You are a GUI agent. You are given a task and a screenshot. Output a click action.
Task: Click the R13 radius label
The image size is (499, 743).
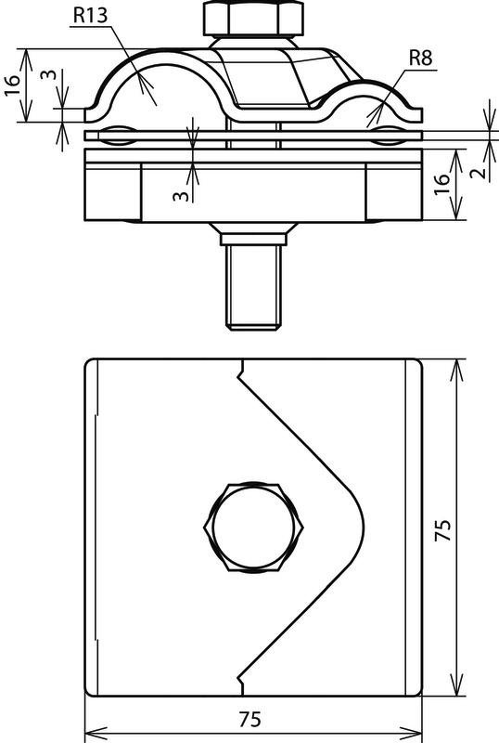[90, 15]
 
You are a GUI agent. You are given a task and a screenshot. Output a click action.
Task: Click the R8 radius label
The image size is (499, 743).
[420, 59]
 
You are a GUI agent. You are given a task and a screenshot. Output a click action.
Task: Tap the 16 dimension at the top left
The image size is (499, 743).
[14, 85]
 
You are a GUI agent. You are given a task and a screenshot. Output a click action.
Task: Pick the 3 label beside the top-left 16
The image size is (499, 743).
[48, 75]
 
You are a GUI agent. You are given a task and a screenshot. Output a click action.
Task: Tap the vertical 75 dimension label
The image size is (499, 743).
[442, 530]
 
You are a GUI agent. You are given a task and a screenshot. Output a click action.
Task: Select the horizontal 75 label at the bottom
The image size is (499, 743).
[249, 720]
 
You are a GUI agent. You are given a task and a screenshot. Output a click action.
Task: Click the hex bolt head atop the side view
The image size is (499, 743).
[253, 18]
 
